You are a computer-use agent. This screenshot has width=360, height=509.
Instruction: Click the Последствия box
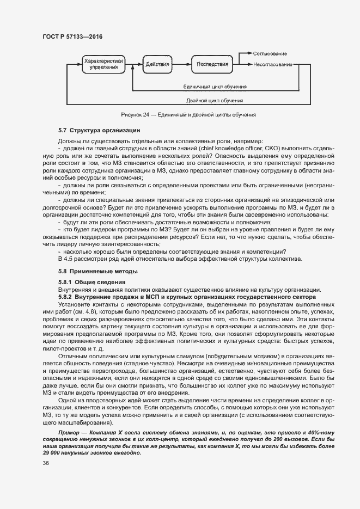click(x=212, y=64)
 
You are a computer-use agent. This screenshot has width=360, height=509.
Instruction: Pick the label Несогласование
click(x=272, y=64)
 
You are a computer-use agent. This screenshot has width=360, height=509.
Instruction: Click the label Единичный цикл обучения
click(x=215, y=87)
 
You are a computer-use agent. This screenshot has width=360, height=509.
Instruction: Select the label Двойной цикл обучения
click(x=214, y=101)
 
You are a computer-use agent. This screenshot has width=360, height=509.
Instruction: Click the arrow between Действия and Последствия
click(x=182, y=64)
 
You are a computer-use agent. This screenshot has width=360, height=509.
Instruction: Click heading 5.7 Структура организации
click(x=99, y=130)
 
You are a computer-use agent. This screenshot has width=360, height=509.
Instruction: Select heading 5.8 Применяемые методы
click(x=97, y=271)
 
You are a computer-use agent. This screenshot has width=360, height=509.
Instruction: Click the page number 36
click(x=46, y=463)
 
